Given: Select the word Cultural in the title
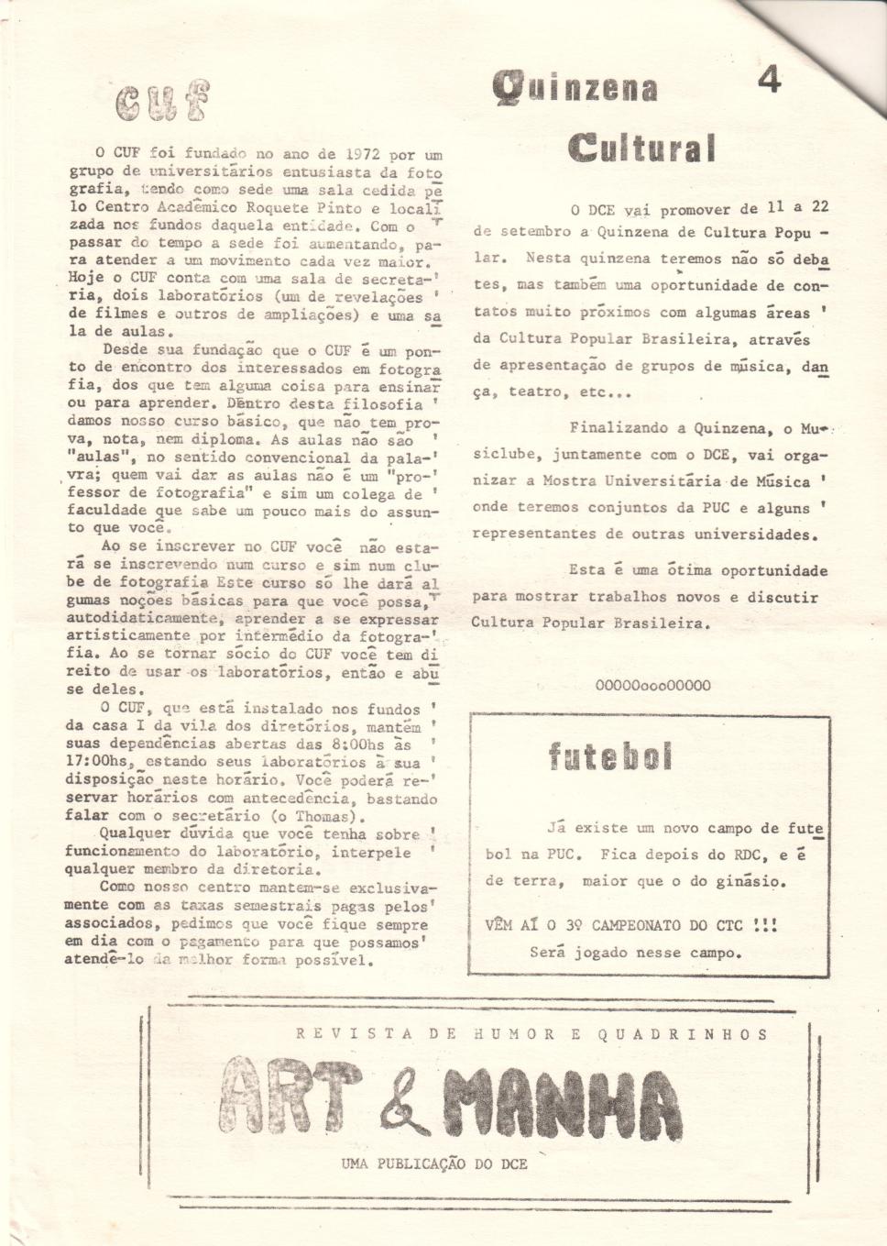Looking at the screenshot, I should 641,148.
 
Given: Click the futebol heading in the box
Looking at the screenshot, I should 610,756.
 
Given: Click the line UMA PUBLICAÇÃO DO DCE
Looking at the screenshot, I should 434,1163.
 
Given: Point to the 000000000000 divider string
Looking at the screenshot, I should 652,685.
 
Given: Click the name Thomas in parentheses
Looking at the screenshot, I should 323,816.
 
